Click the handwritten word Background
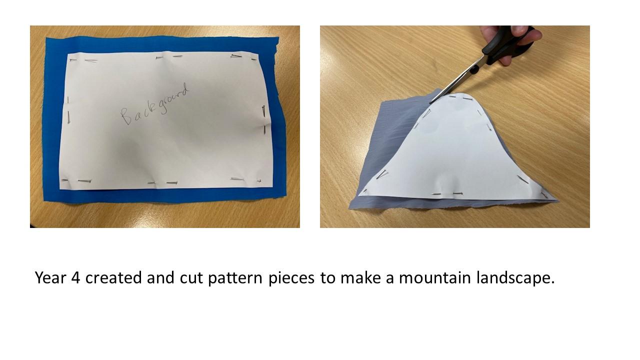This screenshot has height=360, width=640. point(155,104)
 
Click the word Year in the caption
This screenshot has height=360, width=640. point(51,277)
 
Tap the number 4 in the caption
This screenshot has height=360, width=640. point(75,277)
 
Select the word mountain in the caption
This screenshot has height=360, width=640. point(434,277)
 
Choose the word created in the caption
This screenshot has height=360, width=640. point(113,277)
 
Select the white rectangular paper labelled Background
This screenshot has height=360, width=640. point(165,120)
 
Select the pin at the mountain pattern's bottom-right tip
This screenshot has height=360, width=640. point(544,195)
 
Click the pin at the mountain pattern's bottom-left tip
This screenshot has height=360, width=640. point(365,190)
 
